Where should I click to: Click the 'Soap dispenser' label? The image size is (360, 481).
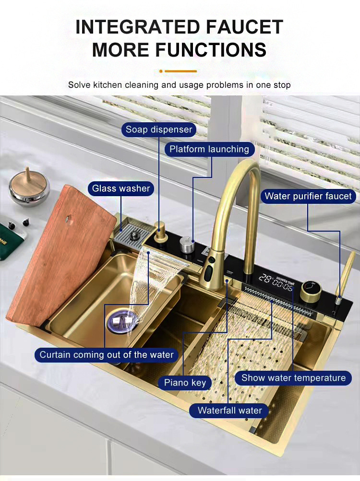tap(158, 129)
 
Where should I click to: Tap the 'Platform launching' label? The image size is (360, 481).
tap(209, 149)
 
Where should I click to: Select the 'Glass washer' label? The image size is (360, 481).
tap(121, 188)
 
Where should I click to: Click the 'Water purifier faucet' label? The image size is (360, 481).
tap(308, 196)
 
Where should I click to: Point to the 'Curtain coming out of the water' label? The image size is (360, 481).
tap(107, 355)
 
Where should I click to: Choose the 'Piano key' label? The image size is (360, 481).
tap(185, 382)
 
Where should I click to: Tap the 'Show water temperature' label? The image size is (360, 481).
tap(293, 378)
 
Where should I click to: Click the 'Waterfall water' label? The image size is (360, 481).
tap(230, 411)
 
